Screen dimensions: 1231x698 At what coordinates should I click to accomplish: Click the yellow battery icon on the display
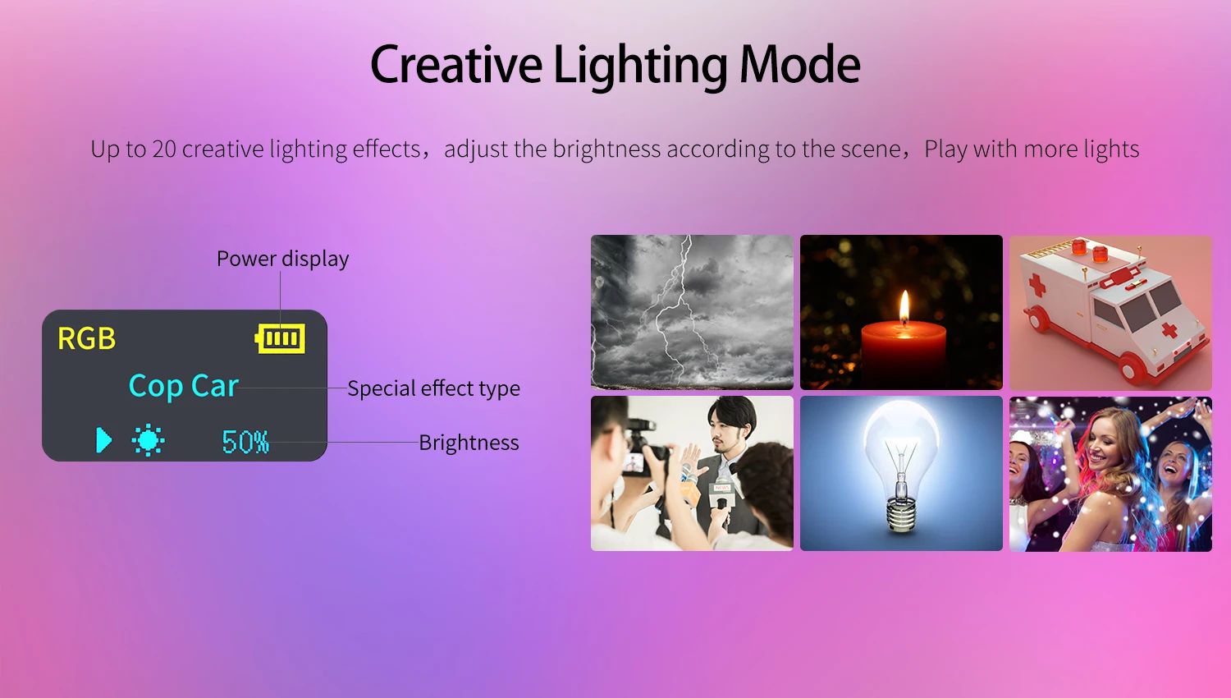tap(281, 338)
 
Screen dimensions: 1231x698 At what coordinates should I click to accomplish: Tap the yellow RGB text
tap(87, 338)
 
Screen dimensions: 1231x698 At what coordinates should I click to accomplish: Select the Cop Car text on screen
tap(183, 386)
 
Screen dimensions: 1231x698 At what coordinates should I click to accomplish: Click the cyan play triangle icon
tap(104, 440)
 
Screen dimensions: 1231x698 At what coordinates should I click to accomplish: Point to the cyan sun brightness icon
tap(148, 441)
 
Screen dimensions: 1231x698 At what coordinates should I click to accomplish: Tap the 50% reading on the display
tap(245, 442)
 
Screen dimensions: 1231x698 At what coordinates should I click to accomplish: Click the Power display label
tap(282, 259)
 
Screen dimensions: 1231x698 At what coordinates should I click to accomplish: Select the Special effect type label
tap(433, 388)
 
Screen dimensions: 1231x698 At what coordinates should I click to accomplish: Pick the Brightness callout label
tap(469, 443)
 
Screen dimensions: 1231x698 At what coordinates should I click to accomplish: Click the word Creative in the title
tap(456, 65)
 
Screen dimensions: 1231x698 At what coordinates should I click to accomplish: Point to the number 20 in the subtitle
tap(164, 149)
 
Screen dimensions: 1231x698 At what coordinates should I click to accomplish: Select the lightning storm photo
tap(692, 312)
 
